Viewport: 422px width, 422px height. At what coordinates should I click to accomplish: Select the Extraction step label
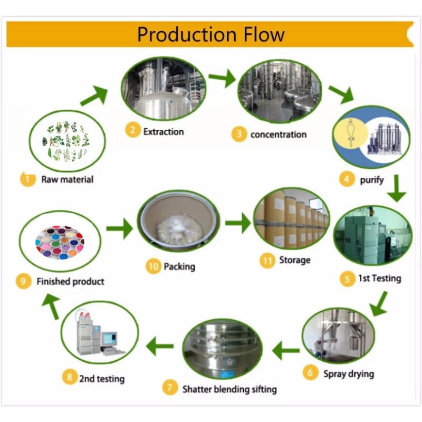[x=164, y=131]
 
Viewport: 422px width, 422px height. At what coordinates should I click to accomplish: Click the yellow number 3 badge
[x=239, y=134]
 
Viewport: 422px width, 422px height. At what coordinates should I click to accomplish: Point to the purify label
[x=371, y=179]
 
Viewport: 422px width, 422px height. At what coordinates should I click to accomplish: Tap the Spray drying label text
[x=348, y=373]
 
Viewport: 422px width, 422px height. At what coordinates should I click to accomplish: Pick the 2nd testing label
[x=102, y=378]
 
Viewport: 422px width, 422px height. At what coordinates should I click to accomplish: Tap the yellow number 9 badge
[x=23, y=281]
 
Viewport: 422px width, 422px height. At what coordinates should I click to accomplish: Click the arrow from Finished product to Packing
[x=119, y=228]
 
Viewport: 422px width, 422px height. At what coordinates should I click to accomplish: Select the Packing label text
[x=179, y=266]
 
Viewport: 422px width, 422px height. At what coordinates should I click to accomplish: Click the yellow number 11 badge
[x=267, y=260]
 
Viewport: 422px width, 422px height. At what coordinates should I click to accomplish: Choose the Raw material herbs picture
[x=68, y=141]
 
